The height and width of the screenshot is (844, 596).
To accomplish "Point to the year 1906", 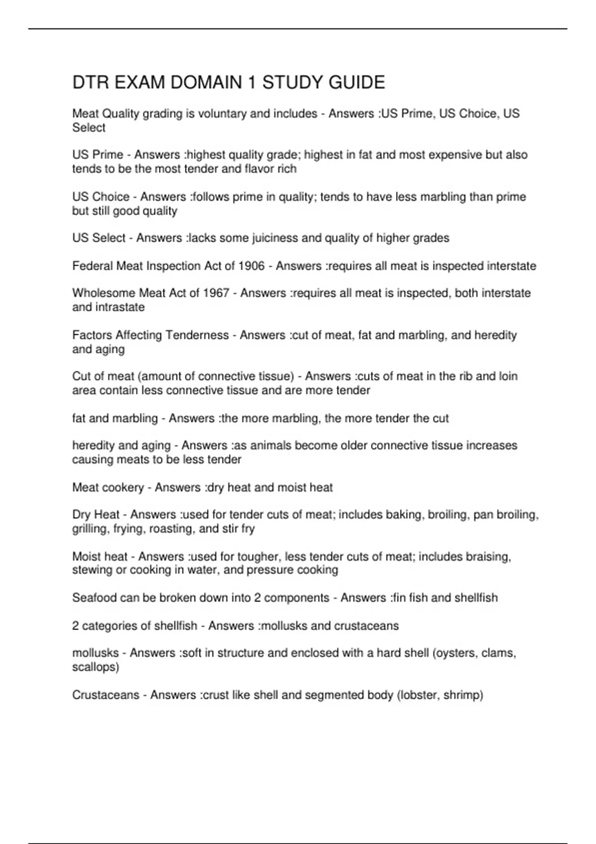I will pyautogui.click(x=251, y=266).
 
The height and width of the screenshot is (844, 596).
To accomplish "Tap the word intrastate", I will pyautogui.click(x=108, y=307).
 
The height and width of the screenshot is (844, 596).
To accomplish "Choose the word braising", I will pyautogui.click(x=488, y=557).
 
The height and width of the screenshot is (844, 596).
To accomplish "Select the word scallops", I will pyautogui.click(x=94, y=667).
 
